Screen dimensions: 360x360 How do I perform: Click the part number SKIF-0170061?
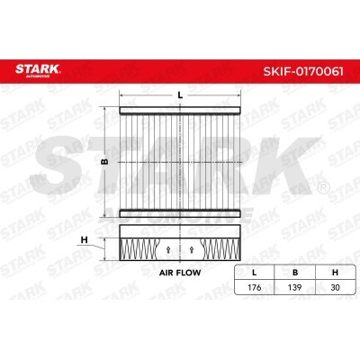click(303, 71)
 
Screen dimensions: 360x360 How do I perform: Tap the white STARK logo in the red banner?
click(38, 70)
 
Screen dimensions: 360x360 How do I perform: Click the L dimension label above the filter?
click(180, 95)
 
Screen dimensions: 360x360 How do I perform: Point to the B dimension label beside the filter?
click(104, 162)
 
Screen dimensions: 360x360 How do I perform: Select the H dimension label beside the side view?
click(85, 240)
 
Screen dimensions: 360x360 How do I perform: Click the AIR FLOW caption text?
click(180, 273)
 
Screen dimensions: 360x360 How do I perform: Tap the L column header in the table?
click(254, 273)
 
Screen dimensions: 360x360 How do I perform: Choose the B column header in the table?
click(295, 273)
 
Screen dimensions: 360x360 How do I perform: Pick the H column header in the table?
click(335, 273)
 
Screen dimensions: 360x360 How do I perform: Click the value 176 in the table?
click(254, 287)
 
